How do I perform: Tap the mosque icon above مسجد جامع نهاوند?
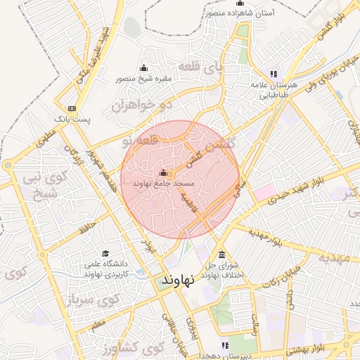point(165,173)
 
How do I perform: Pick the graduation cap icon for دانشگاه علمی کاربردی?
point(105,254)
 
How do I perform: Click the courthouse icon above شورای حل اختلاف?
point(222,254)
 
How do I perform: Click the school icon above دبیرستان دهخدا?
point(226,345)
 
